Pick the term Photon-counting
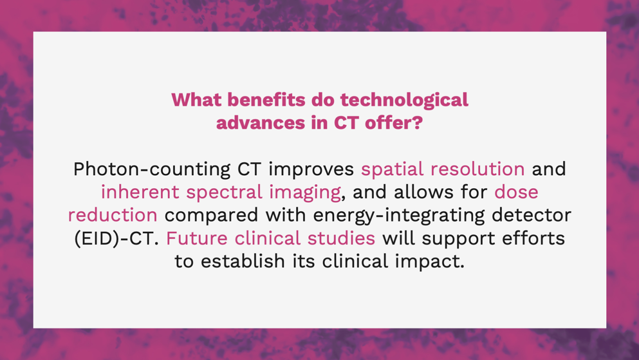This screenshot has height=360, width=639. click(152, 169)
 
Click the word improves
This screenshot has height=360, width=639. click(311, 169)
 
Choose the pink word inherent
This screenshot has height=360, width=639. click(140, 192)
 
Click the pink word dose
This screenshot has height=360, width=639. click(516, 192)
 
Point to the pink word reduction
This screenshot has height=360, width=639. click(113, 215)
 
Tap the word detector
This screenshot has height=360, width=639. click(532, 215)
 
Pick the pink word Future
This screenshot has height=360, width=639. click(196, 238)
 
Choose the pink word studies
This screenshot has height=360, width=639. click(341, 238)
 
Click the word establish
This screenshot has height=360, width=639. click(243, 261)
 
